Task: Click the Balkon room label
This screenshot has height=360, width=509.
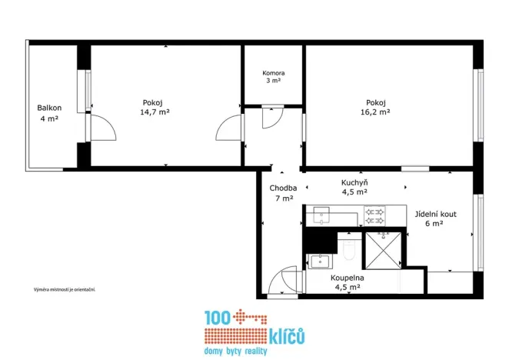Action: pos(49,108)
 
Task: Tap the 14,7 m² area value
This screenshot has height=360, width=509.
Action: pos(155,112)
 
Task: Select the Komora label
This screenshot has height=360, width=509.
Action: pos(274,73)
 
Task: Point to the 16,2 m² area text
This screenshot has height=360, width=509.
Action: pos(375,112)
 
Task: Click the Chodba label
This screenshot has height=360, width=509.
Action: pos(283,188)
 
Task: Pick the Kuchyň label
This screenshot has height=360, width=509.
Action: pos(354,182)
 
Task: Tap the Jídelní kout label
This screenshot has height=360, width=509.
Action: pos(436,214)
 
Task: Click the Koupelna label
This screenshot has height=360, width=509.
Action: pos(348,278)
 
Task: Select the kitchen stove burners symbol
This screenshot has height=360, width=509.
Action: pos(374,216)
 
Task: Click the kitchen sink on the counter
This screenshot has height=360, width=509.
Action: pos(321,215)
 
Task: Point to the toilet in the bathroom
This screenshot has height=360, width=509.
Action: pos(349,249)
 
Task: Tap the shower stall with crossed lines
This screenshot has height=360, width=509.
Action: pos(384,251)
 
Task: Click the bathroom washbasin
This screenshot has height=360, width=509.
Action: pos(320,262)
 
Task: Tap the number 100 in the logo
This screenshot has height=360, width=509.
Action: pos(218,318)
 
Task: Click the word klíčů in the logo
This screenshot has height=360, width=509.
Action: pos(287,337)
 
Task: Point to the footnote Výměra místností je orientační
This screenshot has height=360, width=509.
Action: pos(65,289)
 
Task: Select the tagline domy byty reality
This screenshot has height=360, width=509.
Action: pos(236,352)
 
